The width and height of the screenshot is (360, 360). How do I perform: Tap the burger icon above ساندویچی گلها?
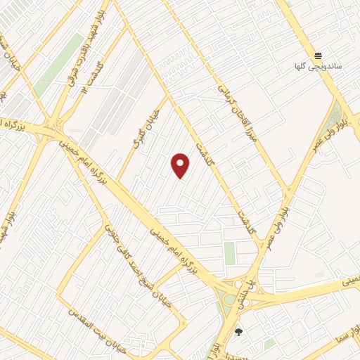pos(319,56)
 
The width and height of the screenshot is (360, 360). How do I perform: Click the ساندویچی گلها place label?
pos(318,67)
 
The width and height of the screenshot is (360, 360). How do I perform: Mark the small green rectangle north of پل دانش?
pos(230,253)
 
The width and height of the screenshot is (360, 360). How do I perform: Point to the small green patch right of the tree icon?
pos(269,343)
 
